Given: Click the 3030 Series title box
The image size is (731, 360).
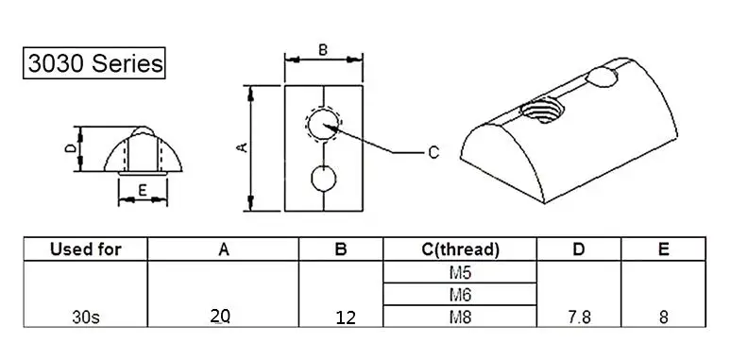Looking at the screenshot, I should pyautogui.click(x=94, y=64).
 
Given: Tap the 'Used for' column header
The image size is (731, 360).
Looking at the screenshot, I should pyautogui.click(x=86, y=249).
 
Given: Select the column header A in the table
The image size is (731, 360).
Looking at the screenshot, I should pyautogui.click(x=224, y=249).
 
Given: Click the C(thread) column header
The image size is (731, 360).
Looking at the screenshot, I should pyautogui.click(x=460, y=249).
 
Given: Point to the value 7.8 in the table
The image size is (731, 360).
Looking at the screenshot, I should pyautogui.click(x=580, y=318).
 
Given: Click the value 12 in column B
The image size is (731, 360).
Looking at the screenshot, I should pyautogui.click(x=345, y=318).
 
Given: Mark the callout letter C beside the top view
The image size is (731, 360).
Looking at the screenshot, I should pyautogui.click(x=433, y=151).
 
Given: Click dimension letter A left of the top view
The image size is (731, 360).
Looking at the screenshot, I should pyautogui.click(x=241, y=147).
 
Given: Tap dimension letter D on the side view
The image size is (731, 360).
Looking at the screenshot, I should pyautogui.click(x=69, y=149).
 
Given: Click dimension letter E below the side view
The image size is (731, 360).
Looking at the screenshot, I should pyautogui.click(x=141, y=191).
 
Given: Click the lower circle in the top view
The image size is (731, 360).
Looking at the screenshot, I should pyautogui.click(x=322, y=178).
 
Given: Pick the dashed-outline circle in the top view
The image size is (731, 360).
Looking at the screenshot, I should pyautogui.click(x=322, y=124).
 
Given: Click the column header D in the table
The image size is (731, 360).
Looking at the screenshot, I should pyautogui.click(x=580, y=249).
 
